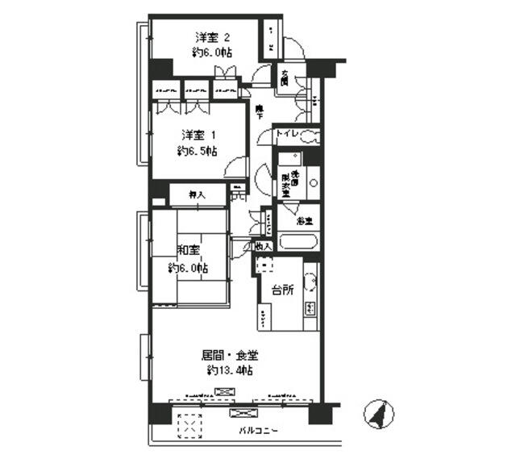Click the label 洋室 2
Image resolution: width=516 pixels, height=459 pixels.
pyautogui.click(x=213, y=37)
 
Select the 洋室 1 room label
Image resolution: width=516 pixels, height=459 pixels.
pyautogui.click(x=198, y=134)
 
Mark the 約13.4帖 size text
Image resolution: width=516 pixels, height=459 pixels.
pyautogui.click(x=230, y=370)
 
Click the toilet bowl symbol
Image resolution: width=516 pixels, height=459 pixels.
pyautogui.click(x=310, y=137)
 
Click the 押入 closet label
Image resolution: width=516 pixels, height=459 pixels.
pyautogui.click(x=197, y=194)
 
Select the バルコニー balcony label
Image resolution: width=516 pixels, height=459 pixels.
pyautogui.click(x=258, y=431)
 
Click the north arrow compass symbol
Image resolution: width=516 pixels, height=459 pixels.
pyautogui.click(x=376, y=414)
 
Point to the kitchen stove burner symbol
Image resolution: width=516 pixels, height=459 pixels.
pyautogui.click(x=309, y=307)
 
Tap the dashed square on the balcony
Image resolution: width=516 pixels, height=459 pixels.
pyautogui.click(x=189, y=424)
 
